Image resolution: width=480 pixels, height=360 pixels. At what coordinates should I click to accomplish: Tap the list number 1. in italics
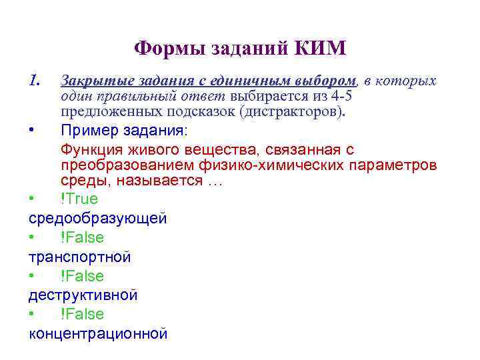(36, 81)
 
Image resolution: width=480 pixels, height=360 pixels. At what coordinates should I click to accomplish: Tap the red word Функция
(91, 149)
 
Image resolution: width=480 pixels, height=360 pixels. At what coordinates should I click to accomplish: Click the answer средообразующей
(97, 218)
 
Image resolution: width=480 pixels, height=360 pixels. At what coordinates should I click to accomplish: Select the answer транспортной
(79, 257)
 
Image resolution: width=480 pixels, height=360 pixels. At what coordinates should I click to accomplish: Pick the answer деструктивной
(83, 295)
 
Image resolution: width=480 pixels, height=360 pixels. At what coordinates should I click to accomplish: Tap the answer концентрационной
(98, 334)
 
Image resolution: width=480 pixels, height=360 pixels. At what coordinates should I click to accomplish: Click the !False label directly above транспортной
(82, 237)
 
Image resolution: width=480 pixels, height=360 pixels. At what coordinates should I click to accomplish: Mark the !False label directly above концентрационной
(82, 314)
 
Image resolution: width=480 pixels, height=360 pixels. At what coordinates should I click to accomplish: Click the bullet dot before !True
(31, 199)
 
